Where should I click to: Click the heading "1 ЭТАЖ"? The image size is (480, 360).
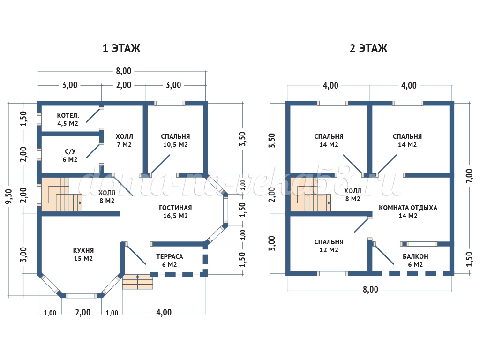(x=121, y=48)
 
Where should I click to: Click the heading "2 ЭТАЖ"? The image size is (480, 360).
(x=368, y=48)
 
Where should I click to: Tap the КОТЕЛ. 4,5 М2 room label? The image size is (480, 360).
(x=67, y=120)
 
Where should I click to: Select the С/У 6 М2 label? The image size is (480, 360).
(x=70, y=156)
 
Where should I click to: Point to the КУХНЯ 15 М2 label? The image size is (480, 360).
(x=83, y=255)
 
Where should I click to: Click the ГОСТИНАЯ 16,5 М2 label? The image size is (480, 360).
(x=175, y=211)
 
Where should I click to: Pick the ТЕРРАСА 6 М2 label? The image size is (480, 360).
(x=170, y=261)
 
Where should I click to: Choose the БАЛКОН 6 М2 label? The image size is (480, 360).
(x=415, y=261)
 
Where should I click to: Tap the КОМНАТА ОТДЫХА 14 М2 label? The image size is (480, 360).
(x=408, y=211)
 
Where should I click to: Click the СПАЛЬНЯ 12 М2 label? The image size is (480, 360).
(x=329, y=246)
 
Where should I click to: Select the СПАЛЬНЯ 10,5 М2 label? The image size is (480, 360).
(x=175, y=141)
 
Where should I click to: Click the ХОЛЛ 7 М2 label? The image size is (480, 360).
(x=124, y=141)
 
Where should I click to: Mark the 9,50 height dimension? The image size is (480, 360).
(x=9, y=196)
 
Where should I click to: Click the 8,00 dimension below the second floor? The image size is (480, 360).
(x=370, y=289)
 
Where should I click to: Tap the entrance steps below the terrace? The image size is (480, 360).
(x=137, y=282)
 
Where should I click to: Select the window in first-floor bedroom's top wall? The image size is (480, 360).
(x=170, y=104)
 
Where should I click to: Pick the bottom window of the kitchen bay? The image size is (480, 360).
(x=82, y=296)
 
